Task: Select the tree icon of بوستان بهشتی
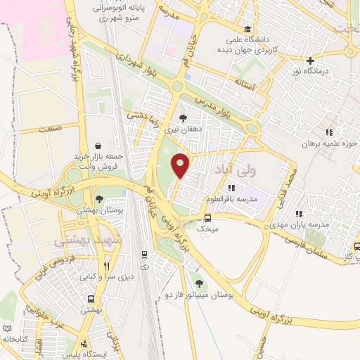[99, 198]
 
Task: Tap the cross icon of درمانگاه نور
[310, 60]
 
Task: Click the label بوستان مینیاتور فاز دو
[199, 295]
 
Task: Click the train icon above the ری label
[144, 255]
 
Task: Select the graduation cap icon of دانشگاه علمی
[247, 29]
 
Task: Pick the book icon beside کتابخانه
[8, 328]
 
